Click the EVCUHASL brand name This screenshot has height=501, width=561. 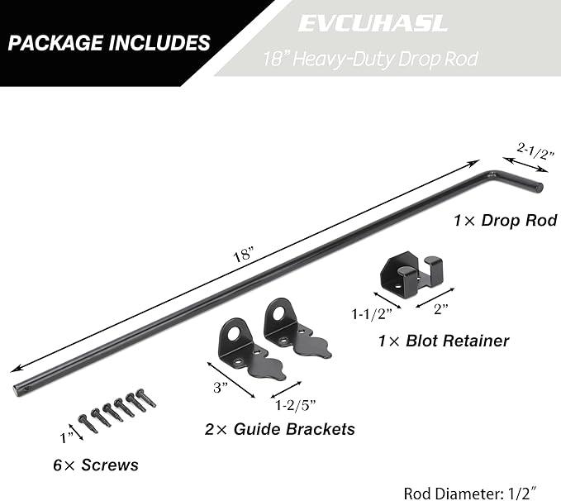point(373,23)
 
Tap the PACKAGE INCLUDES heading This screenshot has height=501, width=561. point(109,43)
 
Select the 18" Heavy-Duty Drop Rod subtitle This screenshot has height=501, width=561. point(371,59)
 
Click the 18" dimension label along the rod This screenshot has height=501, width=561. point(243,255)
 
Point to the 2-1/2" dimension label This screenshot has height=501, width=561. point(535,150)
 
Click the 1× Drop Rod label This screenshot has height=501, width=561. point(505,220)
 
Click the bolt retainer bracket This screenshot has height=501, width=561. point(411,271)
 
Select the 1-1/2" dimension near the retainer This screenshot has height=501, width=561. point(372,314)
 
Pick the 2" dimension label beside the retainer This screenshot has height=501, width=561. point(440,308)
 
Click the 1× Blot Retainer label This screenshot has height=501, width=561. point(444,341)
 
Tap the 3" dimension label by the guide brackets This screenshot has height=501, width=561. point(221,387)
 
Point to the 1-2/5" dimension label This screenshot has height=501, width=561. point(296,405)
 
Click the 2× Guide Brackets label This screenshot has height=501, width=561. point(280,429)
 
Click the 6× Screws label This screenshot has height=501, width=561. point(96,465)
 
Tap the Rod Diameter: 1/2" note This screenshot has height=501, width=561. point(470,493)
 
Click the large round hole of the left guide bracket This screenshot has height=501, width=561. point(234,334)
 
